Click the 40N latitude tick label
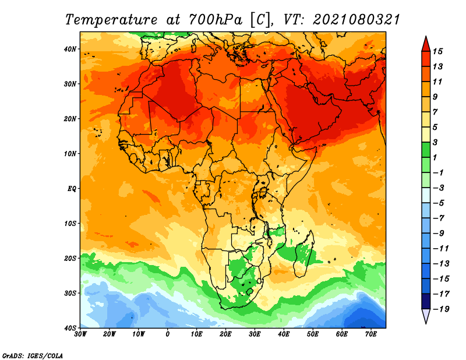(x=70, y=49)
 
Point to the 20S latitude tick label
(x=70, y=258)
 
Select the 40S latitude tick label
(x=70, y=327)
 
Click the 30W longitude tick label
(x=80, y=334)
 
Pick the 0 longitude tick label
(x=168, y=334)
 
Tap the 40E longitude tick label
(x=284, y=334)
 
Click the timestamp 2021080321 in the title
(x=356, y=20)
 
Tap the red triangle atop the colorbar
(x=426, y=43)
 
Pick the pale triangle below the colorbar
(x=426, y=316)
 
